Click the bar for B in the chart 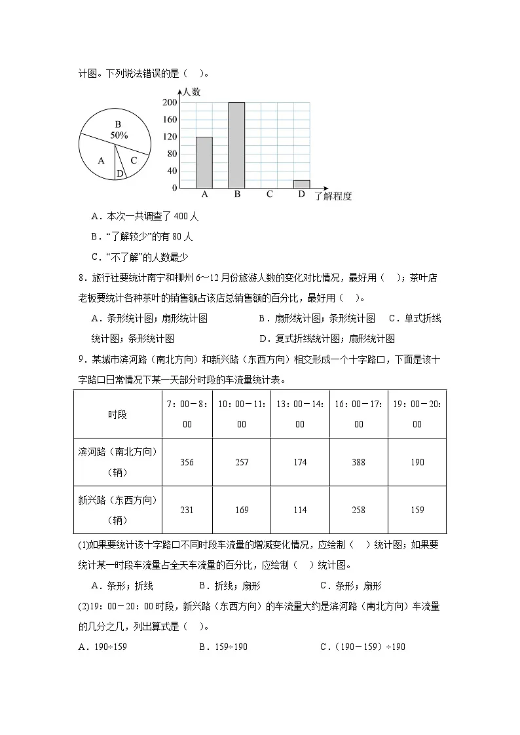(x=236, y=145)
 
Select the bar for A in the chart (x=204, y=162)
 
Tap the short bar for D (x=301, y=184)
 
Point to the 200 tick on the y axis (x=170, y=103)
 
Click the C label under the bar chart (x=269, y=195)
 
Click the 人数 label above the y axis (x=191, y=92)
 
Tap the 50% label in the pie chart (x=119, y=135)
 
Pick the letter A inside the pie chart (x=101, y=160)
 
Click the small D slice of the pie (x=119, y=173)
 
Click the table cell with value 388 (x=358, y=462)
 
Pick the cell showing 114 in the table (x=300, y=510)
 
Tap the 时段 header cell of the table (x=118, y=414)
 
